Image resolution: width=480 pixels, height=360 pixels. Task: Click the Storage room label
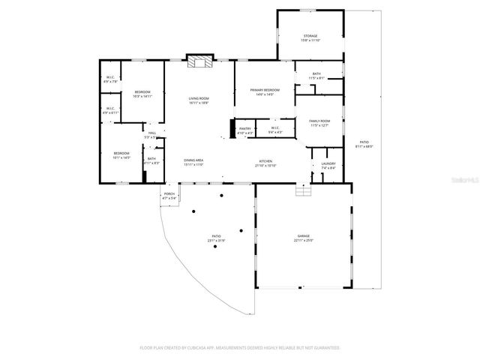click(310, 38)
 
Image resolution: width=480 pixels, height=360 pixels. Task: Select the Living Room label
click(199, 101)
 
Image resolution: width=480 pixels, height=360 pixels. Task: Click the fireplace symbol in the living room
click(199, 62)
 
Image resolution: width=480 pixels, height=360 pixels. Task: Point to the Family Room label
click(320, 123)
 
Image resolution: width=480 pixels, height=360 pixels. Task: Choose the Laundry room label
click(328, 166)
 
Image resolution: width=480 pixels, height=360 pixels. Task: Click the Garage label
click(304, 238)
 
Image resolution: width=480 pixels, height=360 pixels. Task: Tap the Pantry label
click(245, 130)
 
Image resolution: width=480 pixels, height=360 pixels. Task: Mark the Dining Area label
click(194, 162)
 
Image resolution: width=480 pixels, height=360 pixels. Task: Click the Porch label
click(169, 196)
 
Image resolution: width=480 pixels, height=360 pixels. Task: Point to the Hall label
click(152, 135)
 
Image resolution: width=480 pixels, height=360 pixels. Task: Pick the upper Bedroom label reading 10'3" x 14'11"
click(142, 94)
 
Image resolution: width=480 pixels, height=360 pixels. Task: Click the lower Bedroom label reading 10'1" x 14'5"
click(121, 155)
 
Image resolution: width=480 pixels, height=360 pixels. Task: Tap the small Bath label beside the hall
click(152, 160)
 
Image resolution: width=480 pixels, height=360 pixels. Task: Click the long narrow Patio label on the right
click(364, 144)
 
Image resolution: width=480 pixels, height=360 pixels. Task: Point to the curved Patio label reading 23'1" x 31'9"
click(216, 238)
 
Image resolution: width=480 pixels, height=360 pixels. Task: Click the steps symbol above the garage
click(303, 190)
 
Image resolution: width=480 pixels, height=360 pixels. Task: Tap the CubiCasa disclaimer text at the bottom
click(240, 348)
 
